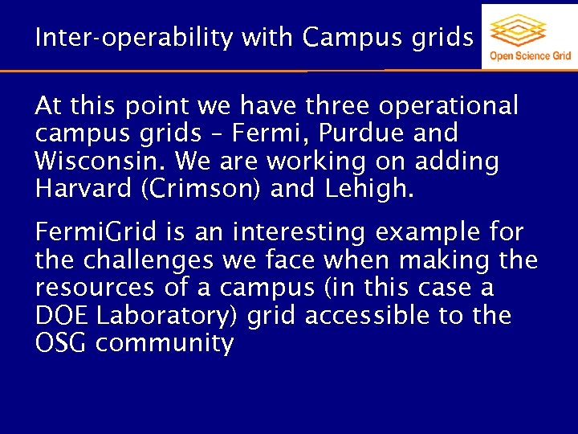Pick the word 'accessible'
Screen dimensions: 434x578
[x=361, y=316]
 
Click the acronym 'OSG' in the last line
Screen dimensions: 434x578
[x=61, y=343]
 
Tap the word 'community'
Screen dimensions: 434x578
[x=164, y=344]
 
